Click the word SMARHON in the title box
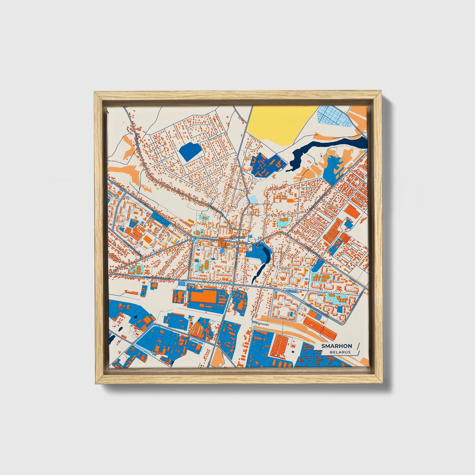337,346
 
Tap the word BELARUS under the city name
340,352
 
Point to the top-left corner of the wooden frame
95,92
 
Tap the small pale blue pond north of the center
252,199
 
